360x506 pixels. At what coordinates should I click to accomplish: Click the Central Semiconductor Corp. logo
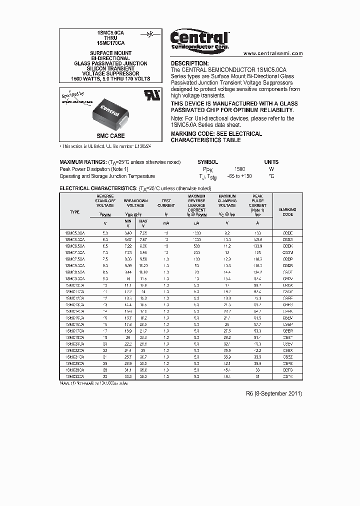coord(199,39)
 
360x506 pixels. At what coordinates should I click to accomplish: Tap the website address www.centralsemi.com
coord(272,53)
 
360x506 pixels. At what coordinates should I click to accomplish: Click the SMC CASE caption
coord(110,135)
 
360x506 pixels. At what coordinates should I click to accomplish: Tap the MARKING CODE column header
coord(287,212)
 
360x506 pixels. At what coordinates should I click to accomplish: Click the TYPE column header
coord(74,212)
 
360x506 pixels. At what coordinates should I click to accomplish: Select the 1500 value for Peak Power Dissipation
coord(239,169)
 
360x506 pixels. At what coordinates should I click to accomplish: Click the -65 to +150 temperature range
coord(239,176)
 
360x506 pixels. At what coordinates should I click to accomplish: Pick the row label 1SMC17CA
coord(74,330)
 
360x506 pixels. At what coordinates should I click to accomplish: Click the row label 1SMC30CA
coord(74,376)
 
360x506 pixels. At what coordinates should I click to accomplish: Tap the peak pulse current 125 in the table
coord(257,252)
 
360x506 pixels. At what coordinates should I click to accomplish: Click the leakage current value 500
coord(196,246)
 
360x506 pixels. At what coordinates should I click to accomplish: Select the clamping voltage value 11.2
coord(227,246)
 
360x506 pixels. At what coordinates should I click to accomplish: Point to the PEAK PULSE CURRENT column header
coord(257,204)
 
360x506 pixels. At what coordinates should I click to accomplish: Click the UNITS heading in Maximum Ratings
coord(271,162)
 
